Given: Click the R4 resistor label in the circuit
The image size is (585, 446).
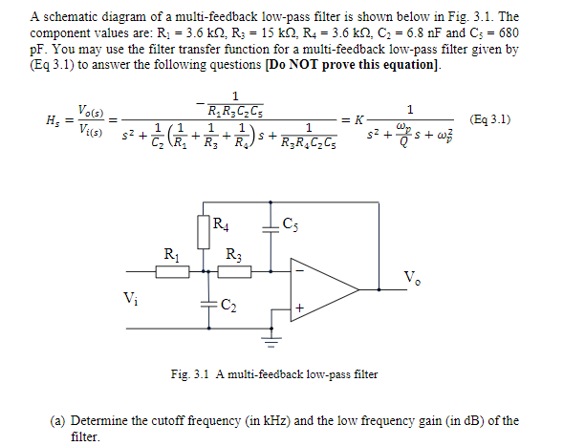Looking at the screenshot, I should pos(221,226).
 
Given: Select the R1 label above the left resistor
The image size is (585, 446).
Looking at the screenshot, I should pos(171,255).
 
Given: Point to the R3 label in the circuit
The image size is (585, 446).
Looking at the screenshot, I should pos(232,255).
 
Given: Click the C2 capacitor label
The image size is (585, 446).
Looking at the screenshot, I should pos(227,306).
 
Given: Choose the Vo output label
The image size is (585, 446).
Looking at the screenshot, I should pos(412,279).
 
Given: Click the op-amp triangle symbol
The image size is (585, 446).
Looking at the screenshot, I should pos(320,286).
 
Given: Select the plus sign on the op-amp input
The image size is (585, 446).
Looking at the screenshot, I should pos(299,308).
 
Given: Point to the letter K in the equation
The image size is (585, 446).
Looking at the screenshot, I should pos(358,120).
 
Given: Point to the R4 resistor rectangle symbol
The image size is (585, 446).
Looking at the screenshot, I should pos(203,231).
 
